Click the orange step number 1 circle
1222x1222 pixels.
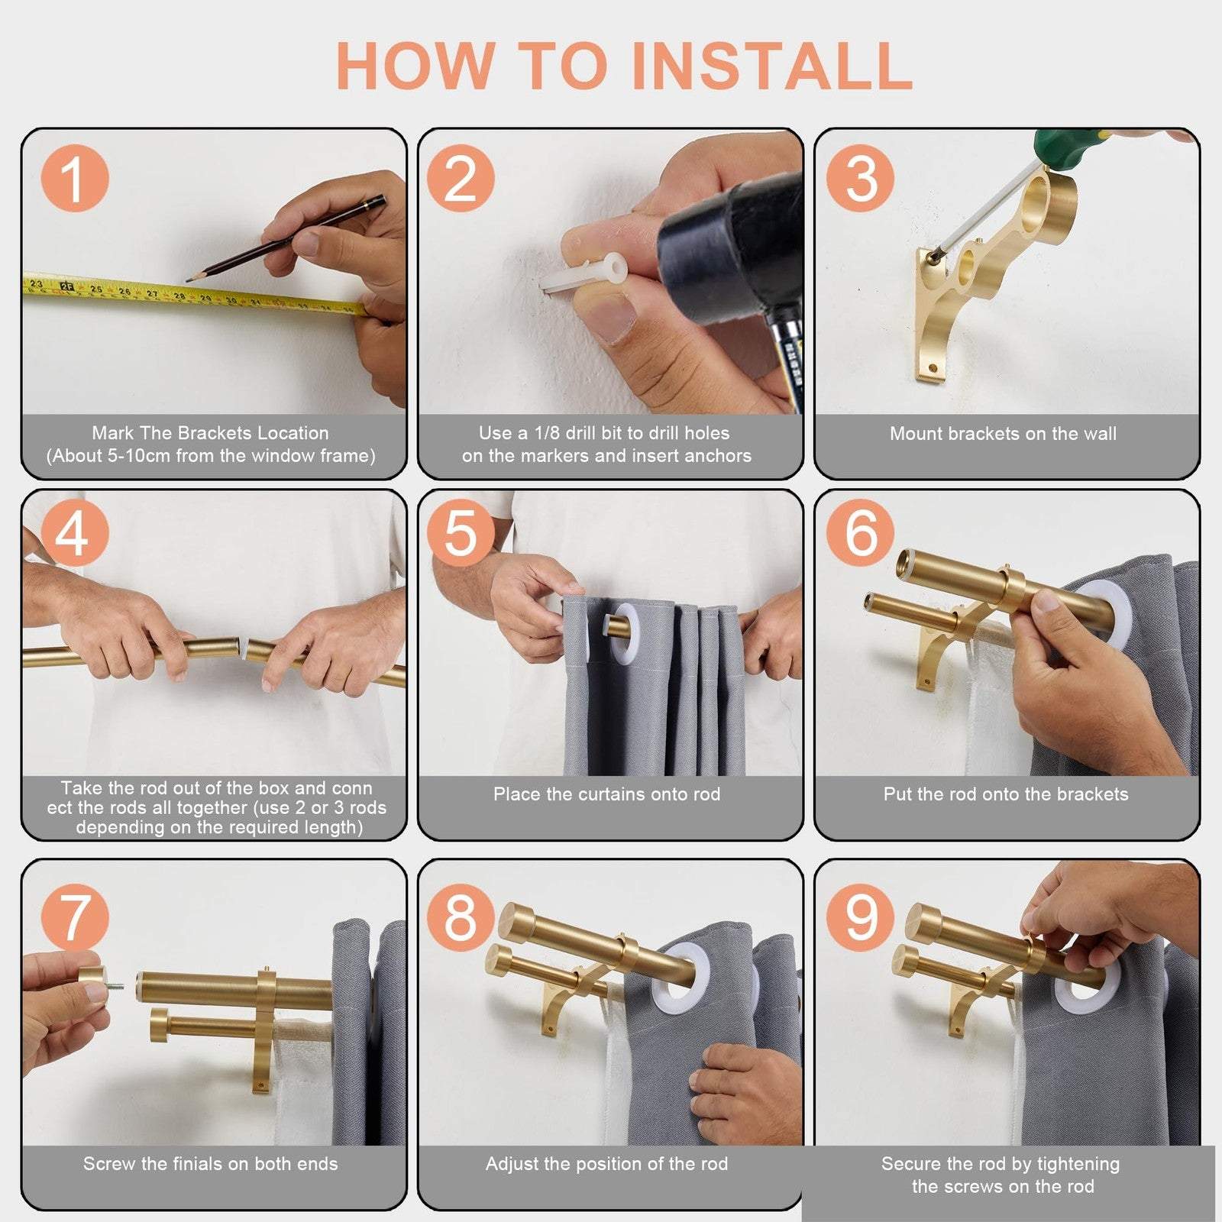click(x=74, y=179)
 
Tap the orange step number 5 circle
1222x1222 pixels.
click(x=461, y=532)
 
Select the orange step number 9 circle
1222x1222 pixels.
click(x=861, y=915)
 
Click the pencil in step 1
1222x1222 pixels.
click(x=286, y=238)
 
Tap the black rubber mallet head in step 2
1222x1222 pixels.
click(x=729, y=252)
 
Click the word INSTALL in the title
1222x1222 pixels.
click(x=772, y=66)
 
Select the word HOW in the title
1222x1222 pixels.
click(x=416, y=66)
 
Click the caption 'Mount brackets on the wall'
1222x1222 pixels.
click(x=1003, y=434)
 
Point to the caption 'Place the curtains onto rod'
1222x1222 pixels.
click(x=606, y=794)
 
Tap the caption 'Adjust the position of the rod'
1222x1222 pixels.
click(x=606, y=1164)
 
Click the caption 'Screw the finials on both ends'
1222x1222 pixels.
click(x=210, y=1164)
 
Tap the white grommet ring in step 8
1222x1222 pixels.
click(x=681, y=981)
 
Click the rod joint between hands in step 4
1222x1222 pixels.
click(x=244, y=650)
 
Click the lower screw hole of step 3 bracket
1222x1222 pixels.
click(x=932, y=369)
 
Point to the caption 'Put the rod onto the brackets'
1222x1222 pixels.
click(x=1006, y=794)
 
